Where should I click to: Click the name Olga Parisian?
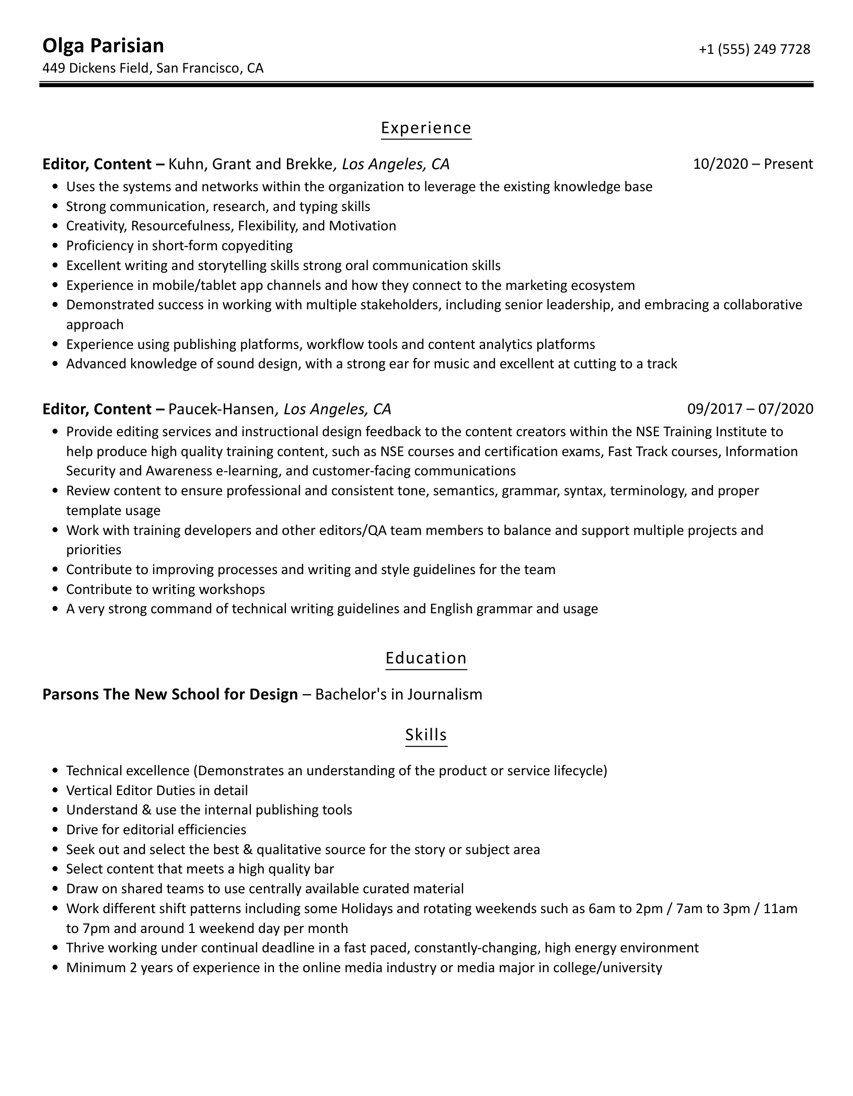pos(103,46)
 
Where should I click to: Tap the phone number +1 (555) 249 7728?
pos(754,49)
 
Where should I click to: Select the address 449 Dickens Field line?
pos(153,68)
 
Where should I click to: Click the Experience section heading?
pos(426,128)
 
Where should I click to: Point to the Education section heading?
pos(426,658)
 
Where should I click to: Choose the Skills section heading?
pos(426,735)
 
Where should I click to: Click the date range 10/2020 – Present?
pos(753,164)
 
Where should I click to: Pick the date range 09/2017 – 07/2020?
pos(750,409)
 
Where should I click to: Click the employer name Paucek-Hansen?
pos(221,409)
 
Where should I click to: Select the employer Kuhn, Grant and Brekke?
pos(250,164)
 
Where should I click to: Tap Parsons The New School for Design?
pos(170,694)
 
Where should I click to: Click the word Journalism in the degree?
pos(444,694)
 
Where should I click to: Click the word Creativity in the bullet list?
pos(96,226)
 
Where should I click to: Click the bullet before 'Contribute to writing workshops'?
pos(55,590)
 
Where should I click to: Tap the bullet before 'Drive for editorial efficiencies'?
pos(55,830)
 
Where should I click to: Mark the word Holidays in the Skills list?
pos(366,908)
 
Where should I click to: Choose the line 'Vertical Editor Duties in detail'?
pos(157,790)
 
